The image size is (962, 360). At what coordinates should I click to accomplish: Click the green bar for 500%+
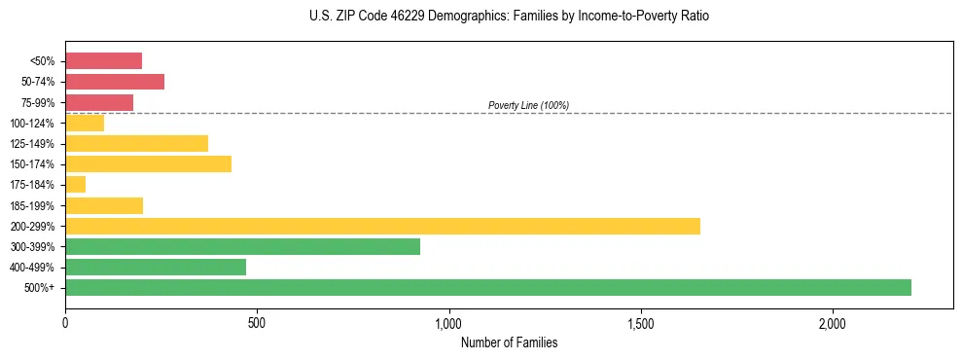pos(488,287)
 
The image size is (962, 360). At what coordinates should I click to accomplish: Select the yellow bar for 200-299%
pos(382,226)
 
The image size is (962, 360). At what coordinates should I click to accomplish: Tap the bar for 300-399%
pos(242,246)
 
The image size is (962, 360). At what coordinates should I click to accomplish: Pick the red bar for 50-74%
pos(115,82)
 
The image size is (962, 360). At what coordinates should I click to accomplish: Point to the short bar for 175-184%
pos(75,185)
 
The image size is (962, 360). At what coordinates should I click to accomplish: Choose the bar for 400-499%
pos(156,267)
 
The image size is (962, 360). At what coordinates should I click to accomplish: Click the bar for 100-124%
pos(85,123)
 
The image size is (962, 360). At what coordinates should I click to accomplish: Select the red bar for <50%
pos(103,61)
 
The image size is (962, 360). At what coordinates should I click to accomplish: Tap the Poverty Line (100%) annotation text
pos(528,105)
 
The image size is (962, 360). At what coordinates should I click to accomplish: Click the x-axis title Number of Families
pos(509,342)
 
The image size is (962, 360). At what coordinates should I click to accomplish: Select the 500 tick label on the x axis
pos(257,322)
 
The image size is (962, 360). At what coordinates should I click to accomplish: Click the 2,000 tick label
pos(833,322)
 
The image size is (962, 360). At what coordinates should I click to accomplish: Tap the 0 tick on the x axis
pos(65,322)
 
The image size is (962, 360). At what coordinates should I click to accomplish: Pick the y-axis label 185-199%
pos(35,205)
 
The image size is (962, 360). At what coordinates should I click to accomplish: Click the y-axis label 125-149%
pos(35,144)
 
